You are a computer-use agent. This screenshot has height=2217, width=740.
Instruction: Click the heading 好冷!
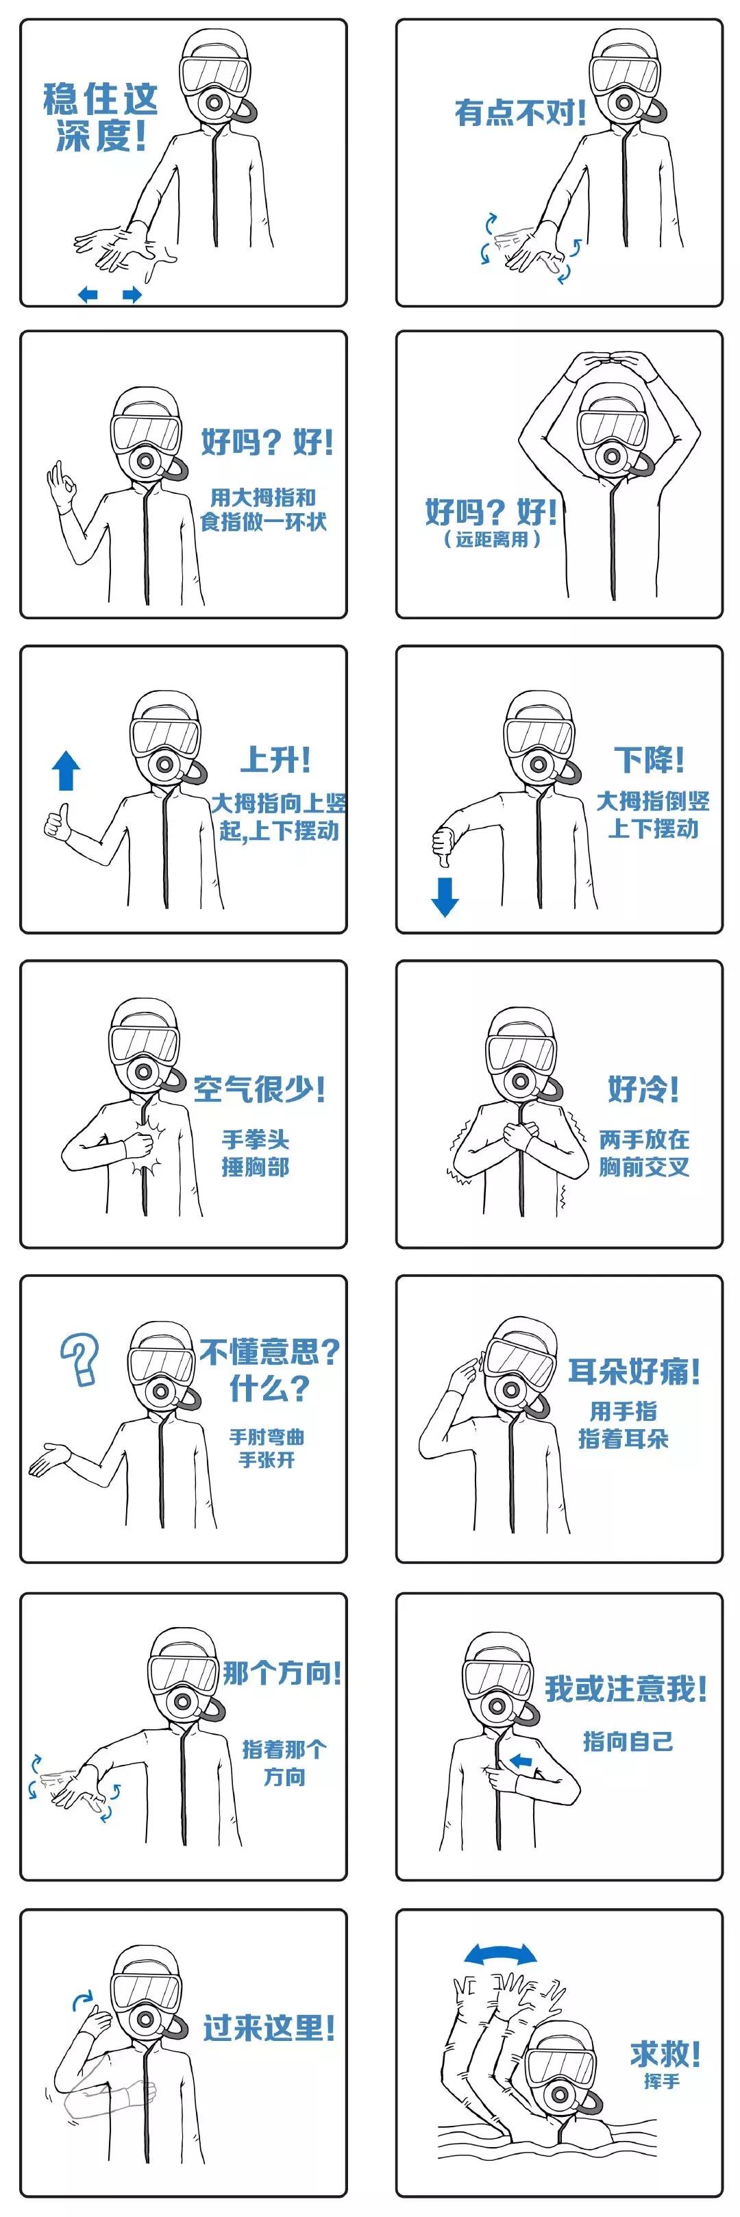point(643,1088)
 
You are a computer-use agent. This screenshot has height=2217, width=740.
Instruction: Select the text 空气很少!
point(259,1089)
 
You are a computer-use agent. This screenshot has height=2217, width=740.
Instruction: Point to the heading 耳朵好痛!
point(634,1371)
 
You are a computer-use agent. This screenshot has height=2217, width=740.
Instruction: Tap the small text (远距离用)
point(492,540)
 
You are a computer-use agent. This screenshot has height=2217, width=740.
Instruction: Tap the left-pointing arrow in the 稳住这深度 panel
point(88,295)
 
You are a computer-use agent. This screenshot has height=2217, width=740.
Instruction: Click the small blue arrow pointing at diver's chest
point(521,1761)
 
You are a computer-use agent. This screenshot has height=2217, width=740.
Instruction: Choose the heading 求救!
point(665,2053)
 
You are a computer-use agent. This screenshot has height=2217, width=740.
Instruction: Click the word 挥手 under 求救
point(662,2081)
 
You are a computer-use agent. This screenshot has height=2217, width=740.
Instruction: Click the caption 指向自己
point(627,1741)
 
